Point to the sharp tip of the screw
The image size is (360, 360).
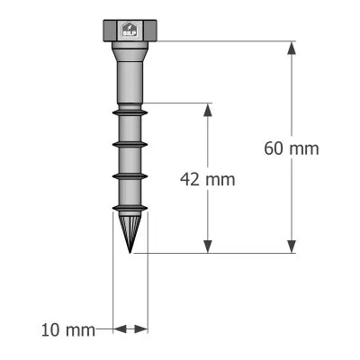click(x=130, y=250)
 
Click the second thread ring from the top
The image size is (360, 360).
click(x=130, y=143)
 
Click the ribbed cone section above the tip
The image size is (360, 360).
click(x=130, y=223)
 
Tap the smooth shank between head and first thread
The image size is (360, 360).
click(x=130, y=76)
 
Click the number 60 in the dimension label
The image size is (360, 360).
click(x=275, y=148)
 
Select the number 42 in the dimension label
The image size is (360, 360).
click(x=191, y=178)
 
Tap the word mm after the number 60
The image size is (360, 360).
click(x=304, y=148)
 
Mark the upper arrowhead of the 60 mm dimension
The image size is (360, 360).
click(x=291, y=49)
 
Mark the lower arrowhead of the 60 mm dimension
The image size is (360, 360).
click(x=291, y=246)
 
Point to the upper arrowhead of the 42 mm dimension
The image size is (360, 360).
click(x=208, y=110)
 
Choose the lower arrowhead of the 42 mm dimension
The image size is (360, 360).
click(x=208, y=246)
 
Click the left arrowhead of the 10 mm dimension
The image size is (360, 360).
click(x=117, y=329)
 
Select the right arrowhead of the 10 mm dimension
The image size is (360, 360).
click(x=142, y=329)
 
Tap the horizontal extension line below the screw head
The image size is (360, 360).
click(x=225, y=40)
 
